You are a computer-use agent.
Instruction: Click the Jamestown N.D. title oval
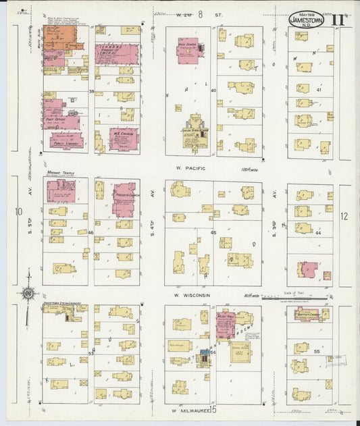click(307, 20)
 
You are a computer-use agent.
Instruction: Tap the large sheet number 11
click(338, 20)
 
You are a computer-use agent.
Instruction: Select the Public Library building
click(63, 140)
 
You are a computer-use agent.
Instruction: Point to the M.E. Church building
click(123, 138)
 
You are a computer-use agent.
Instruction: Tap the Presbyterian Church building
click(124, 198)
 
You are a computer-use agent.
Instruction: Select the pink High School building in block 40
click(187, 49)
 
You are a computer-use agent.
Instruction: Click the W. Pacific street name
click(191, 168)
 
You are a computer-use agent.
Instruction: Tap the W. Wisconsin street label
click(192, 295)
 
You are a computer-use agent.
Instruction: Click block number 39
click(91, 90)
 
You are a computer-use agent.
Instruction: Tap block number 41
click(318, 90)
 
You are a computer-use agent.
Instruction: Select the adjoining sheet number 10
click(18, 211)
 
